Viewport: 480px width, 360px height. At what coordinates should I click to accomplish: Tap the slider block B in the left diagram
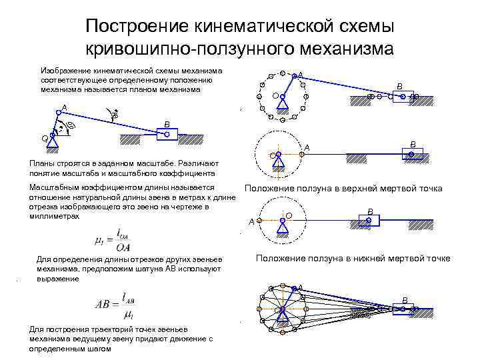(x=166, y=134)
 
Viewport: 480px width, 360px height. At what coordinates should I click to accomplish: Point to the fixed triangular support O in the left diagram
(x=51, y=141)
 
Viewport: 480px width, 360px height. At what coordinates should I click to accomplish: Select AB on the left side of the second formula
(x=105, y=303)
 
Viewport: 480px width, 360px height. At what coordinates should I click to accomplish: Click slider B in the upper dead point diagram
(x=412, y=154)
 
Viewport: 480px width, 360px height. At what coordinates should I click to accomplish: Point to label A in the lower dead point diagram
(x=251, y=221)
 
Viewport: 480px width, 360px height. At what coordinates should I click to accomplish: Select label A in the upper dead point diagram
(x=307, y=147)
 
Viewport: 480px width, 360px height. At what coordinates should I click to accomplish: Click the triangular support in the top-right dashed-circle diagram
(x=283, y=103)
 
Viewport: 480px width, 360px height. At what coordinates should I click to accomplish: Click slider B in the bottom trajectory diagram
(x=404, y=309)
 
